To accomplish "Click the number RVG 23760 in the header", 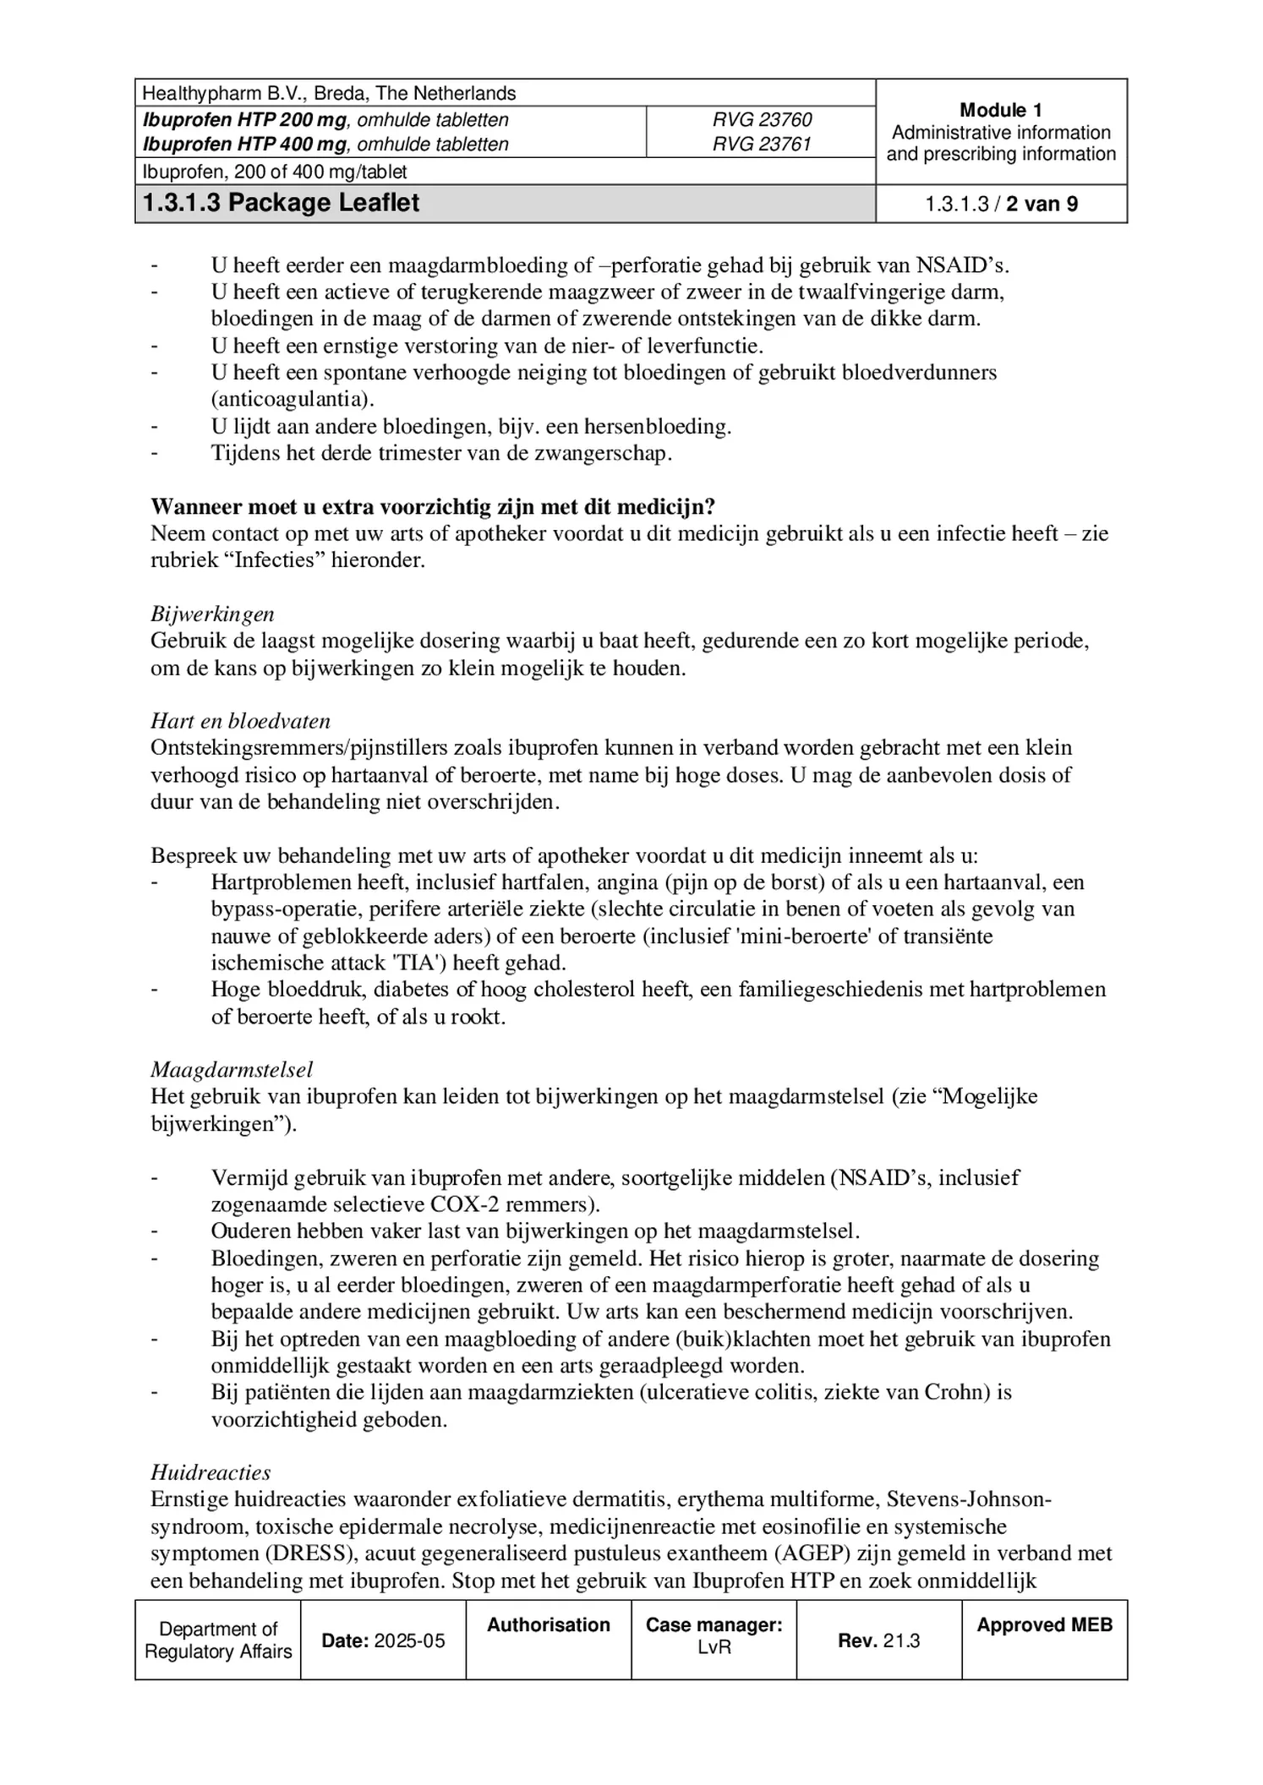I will (x=761, y=120).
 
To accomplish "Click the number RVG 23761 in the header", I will (x=761, y=145).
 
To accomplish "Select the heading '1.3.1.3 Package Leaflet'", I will (x=282, y=204).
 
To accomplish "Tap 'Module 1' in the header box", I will (x=1001, y=110).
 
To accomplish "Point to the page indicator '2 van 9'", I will (x=1042, y=205).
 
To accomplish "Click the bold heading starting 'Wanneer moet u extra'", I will (x=433, y=507).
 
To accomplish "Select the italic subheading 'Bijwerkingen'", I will (x=212, y=614).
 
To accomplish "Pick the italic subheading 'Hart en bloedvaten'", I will (x=240, y=722).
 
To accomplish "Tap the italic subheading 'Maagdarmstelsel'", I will (x=232, y=1070).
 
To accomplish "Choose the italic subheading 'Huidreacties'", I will (x=210, y=1473).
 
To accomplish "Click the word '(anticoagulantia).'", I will (x=293, y=400).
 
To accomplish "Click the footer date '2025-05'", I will (x=409, y=1641).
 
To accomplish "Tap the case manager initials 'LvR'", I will (x=714, y=1647).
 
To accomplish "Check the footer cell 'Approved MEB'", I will (x=1044, y=1625).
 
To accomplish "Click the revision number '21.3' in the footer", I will (x=901, y=1641).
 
